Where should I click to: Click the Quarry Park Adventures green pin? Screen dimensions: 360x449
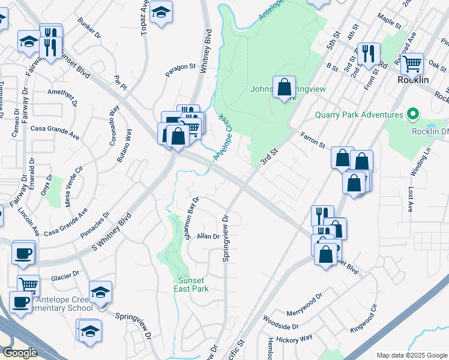412,114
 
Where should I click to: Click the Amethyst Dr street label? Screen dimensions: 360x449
62,94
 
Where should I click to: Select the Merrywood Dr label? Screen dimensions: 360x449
306,299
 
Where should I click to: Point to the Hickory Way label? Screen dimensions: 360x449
296,339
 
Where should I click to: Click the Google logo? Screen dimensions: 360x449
20,353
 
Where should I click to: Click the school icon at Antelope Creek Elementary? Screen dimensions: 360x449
100,292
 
